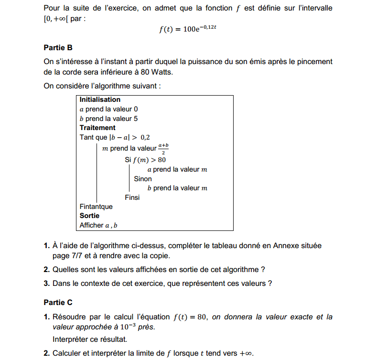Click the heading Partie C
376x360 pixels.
(x=58, y=302)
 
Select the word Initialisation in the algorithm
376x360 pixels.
(x=100, y=100)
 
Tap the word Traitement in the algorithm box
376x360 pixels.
(x=97, y=128)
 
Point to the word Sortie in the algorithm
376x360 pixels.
(x=89, y=216)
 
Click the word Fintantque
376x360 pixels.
(x=96, y=207)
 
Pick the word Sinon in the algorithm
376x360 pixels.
(x=143, y=179)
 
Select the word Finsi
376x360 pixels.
(x=132, y=197)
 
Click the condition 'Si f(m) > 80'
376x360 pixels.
(x=145, y=160)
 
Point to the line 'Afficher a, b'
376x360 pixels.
(x=98, y=225)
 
